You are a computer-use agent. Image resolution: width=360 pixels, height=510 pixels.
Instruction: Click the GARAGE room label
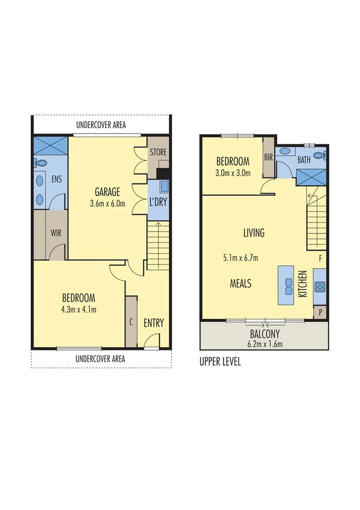point(108,192)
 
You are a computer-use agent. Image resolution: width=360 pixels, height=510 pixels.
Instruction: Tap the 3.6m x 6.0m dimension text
point(108,203)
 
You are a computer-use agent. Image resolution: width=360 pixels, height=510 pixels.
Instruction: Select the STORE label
point(158,152)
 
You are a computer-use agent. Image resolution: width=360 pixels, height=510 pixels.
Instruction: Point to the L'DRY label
point(157,201)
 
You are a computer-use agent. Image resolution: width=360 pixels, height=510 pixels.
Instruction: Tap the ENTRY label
point(153,323)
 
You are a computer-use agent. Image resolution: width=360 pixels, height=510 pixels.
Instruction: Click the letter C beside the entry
point(131,321)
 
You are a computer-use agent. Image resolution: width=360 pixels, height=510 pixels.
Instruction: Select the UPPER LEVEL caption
point(219,363)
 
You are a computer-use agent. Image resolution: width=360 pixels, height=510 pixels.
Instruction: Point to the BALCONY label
point(264,334)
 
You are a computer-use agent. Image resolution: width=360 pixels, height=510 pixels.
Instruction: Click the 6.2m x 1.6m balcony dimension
point(264,344)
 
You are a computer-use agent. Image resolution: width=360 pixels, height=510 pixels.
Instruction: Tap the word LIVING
point(254,233)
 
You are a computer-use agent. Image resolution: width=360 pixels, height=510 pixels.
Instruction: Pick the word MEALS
point(240,283)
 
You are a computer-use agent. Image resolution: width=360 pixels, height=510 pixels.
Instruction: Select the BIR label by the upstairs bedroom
point(269,158)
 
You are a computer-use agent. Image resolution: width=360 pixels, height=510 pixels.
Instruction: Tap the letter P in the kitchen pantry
point(319,312)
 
